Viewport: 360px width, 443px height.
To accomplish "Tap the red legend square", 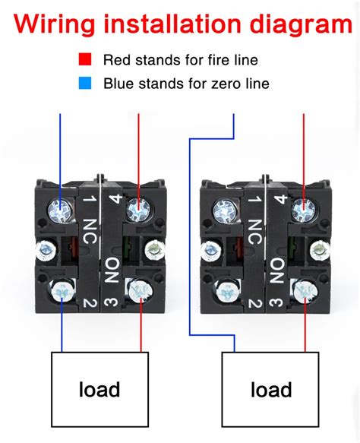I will coord(90,58).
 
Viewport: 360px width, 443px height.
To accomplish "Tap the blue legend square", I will coord(90,82).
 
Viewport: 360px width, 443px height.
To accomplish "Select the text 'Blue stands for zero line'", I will coord(186,83).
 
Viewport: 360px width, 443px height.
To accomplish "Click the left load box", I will coord(99,390).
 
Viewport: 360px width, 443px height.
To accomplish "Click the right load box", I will coord(271,390).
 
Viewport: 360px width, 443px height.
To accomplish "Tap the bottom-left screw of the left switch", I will coord(58,288).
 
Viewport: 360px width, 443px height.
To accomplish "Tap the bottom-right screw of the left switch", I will coord(137,288).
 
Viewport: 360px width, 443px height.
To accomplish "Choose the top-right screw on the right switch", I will coord(303,207).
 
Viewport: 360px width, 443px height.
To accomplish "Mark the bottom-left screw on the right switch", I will coord(226,289).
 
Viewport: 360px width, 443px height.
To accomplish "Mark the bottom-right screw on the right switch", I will coord(304,289).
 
